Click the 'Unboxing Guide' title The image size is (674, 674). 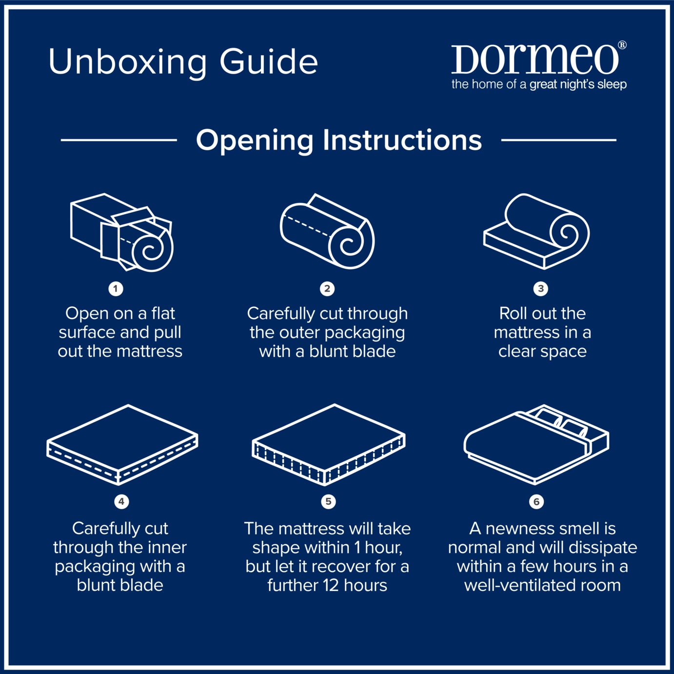(183, 62)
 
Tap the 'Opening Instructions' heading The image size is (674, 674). (338, 140)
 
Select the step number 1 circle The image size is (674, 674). (116, 289)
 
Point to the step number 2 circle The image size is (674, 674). (327, 289)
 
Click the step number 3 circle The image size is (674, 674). (540, 289)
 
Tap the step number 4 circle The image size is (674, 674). (121, 501)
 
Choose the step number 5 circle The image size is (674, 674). (328, 501)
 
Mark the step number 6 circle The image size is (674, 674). (536, 502)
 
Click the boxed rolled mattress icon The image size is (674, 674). (122, 232)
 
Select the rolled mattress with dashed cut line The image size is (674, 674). (327, 232)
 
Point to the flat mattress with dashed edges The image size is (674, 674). (122, 444)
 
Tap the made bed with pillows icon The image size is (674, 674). (536, 444)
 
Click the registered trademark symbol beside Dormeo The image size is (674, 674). (622, 45)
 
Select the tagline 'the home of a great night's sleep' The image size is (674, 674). (539, 84)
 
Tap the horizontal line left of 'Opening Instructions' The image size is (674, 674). (119, 140)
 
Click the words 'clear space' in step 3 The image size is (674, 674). (542, 351)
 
